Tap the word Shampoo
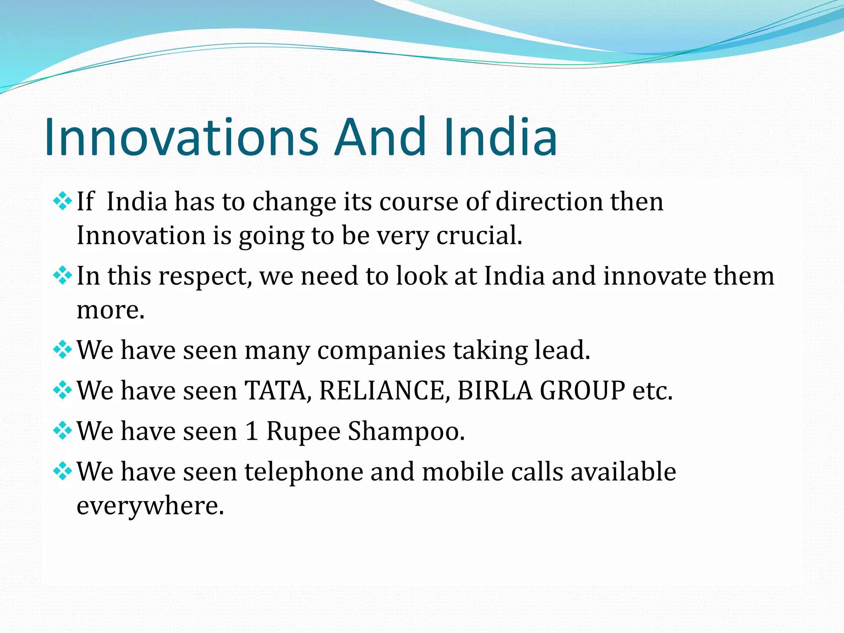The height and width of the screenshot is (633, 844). click(406, 431)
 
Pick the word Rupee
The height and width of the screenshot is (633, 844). click(303, 432)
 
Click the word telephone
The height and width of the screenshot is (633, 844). click(304, 472)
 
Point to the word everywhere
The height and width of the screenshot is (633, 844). click(150, 506)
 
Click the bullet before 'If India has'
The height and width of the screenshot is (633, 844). click(62, 202)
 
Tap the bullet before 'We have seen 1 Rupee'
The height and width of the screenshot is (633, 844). click(62, 431)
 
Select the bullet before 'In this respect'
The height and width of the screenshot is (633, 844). click(62, 276)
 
